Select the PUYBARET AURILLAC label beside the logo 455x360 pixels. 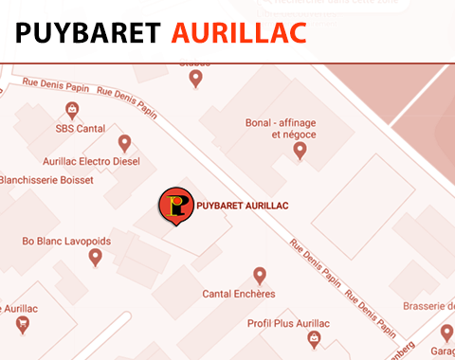point(242,206)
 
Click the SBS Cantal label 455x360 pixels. point(80,128)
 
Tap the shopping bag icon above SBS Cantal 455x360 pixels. point(72,110)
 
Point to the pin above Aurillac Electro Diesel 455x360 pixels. point(124,143)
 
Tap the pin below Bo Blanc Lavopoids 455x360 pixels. point(95,257)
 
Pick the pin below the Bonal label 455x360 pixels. point(300,150)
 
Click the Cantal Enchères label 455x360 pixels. point(239,294)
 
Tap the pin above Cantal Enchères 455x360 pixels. point(261,276)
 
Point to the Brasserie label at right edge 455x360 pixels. point(428,307)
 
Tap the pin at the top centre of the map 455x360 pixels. point(196,78)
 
